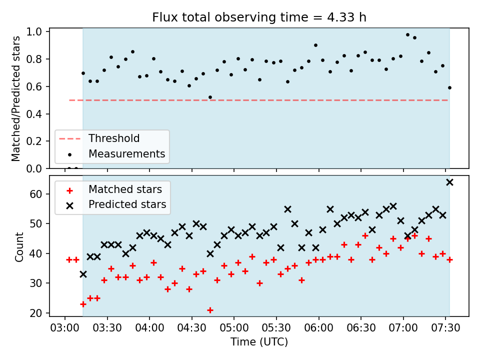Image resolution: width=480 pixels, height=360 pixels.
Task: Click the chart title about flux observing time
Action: point(259,17)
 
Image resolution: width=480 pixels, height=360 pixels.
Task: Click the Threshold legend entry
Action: point(114,138)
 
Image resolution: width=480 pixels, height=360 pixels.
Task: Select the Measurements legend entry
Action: point(126,153)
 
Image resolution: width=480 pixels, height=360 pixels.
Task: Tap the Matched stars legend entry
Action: point(125,189)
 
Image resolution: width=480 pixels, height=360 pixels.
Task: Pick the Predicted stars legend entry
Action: point(127,204)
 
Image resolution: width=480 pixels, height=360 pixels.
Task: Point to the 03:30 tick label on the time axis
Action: point(107,328)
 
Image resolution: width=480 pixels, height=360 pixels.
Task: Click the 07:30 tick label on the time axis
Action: point(445,328)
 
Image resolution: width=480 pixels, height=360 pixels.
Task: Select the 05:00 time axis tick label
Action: point(234,328)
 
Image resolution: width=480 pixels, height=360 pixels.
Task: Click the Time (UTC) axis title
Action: point(259,341)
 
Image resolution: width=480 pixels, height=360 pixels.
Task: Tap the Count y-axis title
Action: point(19,247)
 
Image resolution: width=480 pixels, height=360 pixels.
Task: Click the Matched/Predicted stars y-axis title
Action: point(15,98)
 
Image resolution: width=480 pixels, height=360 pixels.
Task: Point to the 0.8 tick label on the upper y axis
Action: point(34,59)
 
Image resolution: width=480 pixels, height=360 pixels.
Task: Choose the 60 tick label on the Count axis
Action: point(36,194)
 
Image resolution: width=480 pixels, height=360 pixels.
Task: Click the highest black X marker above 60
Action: point(449,182)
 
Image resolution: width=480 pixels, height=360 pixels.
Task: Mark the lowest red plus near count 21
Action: point(210,310)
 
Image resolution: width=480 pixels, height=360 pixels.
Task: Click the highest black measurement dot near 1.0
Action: point(407,35)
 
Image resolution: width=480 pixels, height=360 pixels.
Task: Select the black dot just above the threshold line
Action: point(210,97)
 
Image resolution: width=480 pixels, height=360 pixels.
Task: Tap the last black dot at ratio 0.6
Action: point(449,88)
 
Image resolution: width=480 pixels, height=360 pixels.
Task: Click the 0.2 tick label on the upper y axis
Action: point(34,141)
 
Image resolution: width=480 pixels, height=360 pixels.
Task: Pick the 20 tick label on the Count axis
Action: point(36,313)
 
